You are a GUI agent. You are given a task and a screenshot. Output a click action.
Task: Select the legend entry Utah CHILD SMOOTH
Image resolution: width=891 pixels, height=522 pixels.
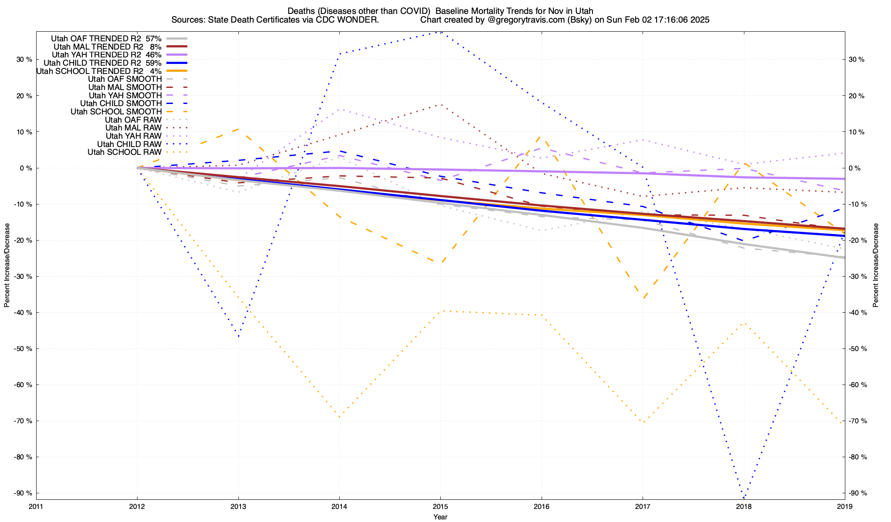[x=121, y=104]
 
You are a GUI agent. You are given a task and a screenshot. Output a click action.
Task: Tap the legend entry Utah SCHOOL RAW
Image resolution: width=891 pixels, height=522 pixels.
[x=124, y=152]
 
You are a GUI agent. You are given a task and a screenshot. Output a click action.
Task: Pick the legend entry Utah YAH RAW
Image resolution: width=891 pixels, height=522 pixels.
[x=134, y=136]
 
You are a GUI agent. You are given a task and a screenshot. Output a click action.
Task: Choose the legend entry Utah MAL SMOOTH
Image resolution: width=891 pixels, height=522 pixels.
[x=125, y=87]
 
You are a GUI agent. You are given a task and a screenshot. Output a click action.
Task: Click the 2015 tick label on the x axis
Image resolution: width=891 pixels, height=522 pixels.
[x=440, y=506]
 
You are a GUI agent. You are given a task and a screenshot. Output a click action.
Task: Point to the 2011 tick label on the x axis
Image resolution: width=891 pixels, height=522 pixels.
[x=36, y=506]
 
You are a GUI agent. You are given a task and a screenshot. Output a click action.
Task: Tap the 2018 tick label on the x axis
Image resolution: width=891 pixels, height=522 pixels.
[x=744, y=506]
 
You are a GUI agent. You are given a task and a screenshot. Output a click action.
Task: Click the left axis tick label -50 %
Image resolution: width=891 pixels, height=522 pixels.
[x=23, y=349]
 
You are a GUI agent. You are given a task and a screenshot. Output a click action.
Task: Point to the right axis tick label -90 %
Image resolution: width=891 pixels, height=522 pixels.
[x=857, y=493]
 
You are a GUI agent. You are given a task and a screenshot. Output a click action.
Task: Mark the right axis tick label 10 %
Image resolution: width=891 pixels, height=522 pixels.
[x=856, y=132]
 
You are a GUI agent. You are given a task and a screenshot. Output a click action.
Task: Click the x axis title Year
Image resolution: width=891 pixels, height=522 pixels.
[x=440, y=517]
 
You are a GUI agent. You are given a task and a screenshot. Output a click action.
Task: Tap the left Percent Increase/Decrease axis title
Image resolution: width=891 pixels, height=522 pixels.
[x=7, y=265]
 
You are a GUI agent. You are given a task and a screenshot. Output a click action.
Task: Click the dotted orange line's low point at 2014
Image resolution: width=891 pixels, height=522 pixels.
[x=339, y=418]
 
